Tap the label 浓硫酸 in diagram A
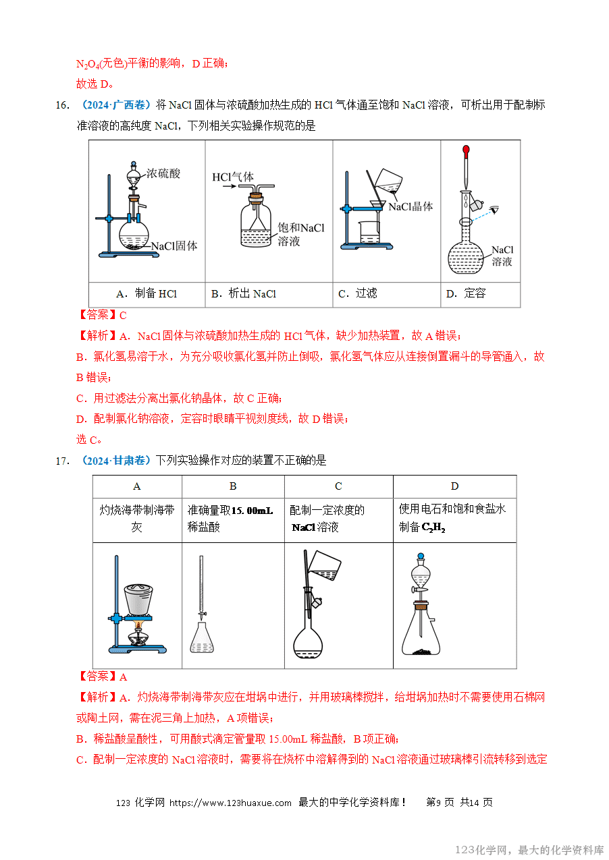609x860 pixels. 163,173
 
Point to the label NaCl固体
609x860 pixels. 174,246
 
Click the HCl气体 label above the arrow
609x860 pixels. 233,177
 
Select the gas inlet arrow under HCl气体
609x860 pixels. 230,187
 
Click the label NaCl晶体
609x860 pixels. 411,206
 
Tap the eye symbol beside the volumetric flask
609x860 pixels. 495,210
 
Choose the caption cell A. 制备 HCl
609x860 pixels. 147,293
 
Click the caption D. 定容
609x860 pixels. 466,293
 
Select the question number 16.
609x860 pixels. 63,105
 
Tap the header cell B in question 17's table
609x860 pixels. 233,486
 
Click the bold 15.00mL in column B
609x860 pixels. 252,511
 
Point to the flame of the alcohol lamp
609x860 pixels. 138,626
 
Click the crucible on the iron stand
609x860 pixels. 138,599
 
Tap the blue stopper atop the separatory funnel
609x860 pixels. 421,556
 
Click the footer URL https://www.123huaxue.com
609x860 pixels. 230,803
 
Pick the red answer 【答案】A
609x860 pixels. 102,677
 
